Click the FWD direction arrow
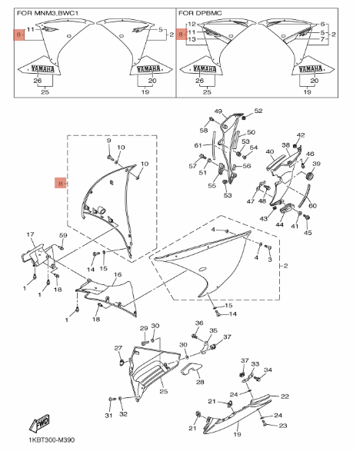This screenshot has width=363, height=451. pos(39,423)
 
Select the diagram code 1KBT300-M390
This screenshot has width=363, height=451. pos(52,440)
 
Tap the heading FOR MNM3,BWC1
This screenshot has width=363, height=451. pos(48,13)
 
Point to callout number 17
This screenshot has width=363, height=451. pos(30,234)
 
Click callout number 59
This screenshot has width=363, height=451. pos(63,235)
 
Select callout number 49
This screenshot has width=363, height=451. pos(218,111)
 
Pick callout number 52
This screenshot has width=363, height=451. pos(258,111)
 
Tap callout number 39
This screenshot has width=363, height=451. pos(316,164)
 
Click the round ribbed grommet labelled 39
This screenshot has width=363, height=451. pos(309,176)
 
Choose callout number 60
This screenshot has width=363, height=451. pos(312,206)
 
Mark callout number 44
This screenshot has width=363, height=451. pos(279,224)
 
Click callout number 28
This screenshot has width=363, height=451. pos(200,382)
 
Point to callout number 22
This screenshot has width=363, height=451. pos(285,396)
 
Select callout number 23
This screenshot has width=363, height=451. pos(283,426)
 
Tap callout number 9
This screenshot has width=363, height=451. pos(108,141)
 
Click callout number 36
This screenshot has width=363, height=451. pos(199,323)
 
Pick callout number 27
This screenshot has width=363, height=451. pos(118,348)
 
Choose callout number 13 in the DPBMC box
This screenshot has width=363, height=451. pos(191,39)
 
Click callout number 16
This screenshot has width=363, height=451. pos(118,275)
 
